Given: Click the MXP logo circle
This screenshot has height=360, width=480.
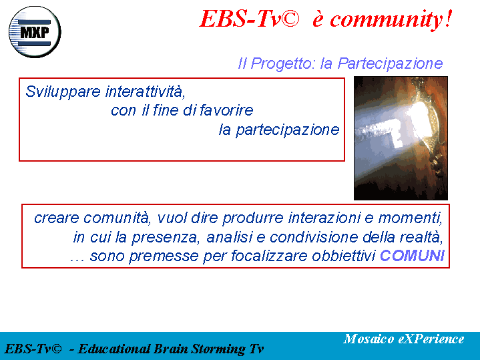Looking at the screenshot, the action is (35, 32).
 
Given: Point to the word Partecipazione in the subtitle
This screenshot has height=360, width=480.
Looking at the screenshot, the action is (391, 63).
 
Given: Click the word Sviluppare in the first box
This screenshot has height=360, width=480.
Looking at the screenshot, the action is (63, 92).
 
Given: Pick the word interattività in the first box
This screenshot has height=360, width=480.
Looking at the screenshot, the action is (146, 92).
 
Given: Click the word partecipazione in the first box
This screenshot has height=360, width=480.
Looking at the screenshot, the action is (288, 130).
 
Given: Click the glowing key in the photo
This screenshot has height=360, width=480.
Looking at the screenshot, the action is (396, 126).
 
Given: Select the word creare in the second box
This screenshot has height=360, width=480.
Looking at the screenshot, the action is (57, 218).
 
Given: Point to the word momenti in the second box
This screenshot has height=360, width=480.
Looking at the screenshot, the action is (411, 218).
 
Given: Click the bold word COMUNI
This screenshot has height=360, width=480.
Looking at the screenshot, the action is (412, 256).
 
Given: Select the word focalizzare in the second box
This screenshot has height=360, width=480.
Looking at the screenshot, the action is (270, 256).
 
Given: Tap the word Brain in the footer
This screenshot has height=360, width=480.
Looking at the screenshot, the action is (170, 349).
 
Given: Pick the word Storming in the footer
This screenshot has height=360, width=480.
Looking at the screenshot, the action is (218, 349).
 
